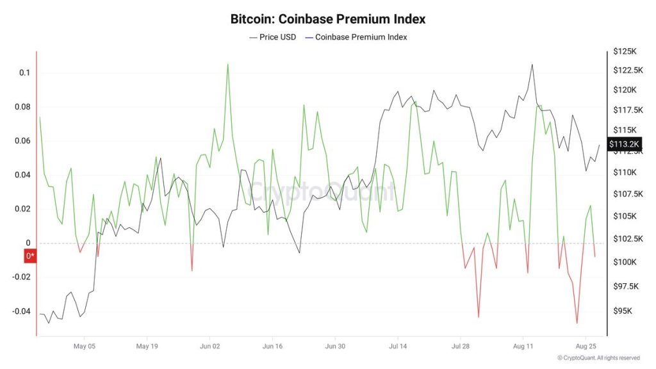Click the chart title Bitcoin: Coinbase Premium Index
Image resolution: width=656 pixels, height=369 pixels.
327,19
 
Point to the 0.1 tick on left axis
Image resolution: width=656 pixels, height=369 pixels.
24,73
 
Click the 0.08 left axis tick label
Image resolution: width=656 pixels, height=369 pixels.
22,107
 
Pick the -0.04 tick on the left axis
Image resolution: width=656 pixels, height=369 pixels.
20,311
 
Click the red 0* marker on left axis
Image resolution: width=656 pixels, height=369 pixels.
30,257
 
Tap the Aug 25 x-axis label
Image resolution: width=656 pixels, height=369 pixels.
586,346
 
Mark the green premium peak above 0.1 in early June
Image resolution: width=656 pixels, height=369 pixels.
227,64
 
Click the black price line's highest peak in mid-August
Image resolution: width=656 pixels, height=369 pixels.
532,65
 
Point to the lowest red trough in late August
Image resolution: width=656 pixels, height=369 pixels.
577,323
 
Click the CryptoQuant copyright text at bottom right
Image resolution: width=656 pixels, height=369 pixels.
598,358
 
